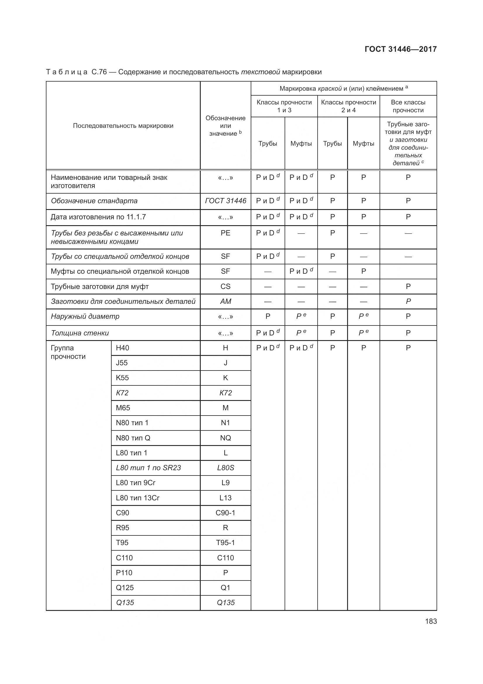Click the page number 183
(431, 621)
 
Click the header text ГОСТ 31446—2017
(401, 49)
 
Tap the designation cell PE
(225, 233)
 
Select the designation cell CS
(225, 286)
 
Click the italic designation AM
(225, 301)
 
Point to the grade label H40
(123, 348)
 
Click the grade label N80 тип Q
(133, 438)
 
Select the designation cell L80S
(225, 468)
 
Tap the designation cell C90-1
(225, 513)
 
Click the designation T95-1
(225, 542)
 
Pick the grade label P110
(124, 573)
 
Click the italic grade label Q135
(125, 603)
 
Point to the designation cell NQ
(225, 438)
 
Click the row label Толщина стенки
(80, 333)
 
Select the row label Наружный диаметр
(85, 316)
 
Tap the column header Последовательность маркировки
(123, 126)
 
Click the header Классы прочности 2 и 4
(349, 106)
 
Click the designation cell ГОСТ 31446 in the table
(225, 201)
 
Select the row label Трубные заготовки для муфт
(100, 286)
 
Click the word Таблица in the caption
(67, 72)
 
